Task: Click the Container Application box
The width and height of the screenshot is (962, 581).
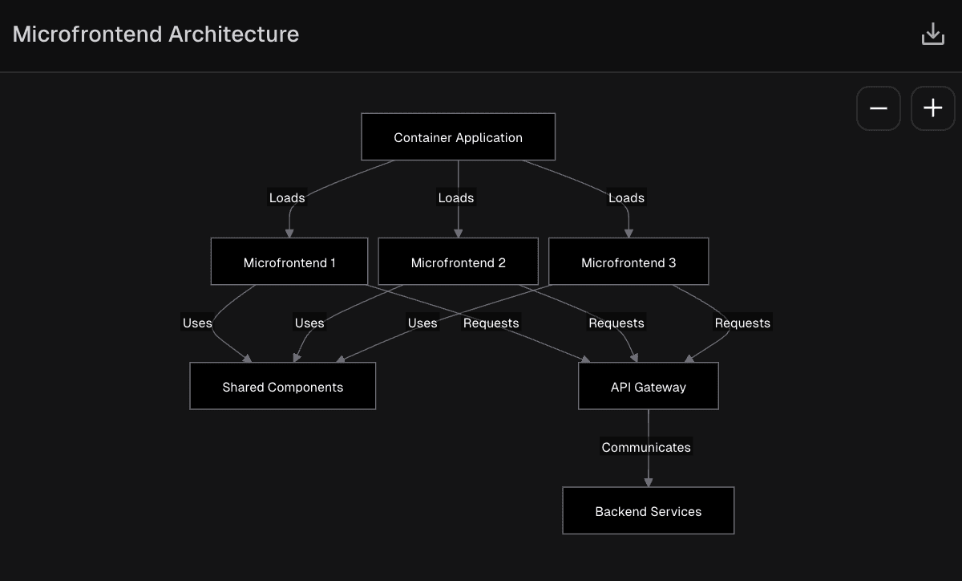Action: click(458, 137)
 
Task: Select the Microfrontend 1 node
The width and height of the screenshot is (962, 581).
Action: click(289, 262)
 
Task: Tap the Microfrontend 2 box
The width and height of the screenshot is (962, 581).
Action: click(458, 262)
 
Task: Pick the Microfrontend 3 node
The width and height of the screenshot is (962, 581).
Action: click(629, 262)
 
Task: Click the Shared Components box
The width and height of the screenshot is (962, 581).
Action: click(282, 387)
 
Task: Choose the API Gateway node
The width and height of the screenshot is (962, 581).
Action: click(648, 387)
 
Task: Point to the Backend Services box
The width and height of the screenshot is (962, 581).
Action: click(648, 511)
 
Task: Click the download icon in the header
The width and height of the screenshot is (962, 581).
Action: click(932, 35)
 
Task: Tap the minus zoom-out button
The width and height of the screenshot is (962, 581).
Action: click(878, 108)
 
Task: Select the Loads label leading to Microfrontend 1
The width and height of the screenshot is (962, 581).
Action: click(287, 197)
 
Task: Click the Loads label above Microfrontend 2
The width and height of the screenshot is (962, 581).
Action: click(456, 197)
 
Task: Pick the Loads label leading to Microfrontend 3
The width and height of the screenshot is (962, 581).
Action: click(626, 197)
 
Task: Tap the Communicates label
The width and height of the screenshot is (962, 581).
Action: click(646, 447)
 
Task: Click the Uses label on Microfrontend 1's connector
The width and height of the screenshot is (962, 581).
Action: click(197, 323)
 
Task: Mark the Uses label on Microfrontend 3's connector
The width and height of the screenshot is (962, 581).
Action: click(422, 323)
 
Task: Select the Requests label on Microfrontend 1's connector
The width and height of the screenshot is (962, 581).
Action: click(491, 323)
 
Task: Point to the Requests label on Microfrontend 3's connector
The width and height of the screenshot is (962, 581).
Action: click(742, 323)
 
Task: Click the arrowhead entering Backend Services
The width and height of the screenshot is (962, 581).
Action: click(648, 481)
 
